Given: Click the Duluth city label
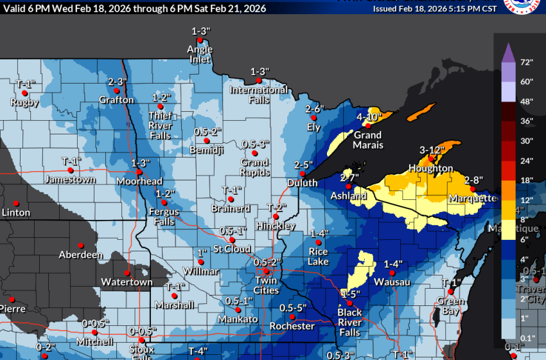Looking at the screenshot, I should coord(301,183).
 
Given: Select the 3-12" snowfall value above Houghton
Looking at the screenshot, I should coord(432,150).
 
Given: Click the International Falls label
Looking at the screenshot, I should coord(259,94).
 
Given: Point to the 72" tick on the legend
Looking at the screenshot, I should coord(527,62).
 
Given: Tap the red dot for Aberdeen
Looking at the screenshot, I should coord(81,244).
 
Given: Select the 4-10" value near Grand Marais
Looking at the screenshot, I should coord(369,116).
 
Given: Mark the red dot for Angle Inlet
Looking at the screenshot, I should coord(200,40).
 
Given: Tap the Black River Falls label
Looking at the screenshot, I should coord(349,321).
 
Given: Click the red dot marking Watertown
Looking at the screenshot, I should coord(127,272).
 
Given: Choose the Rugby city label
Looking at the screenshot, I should coord(24,102).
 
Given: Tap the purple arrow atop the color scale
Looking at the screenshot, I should coord(506,50).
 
